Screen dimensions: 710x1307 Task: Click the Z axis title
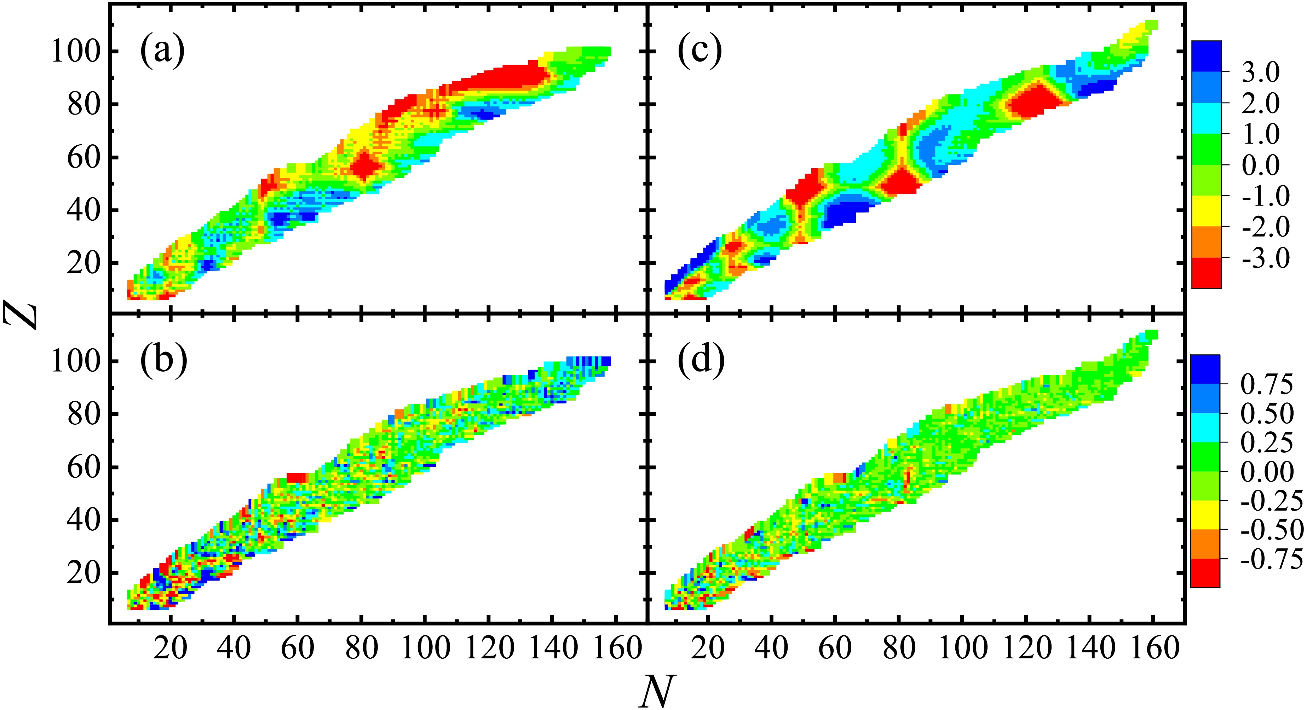pos(21,314)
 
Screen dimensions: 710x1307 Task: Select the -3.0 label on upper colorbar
pos(1265,258)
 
